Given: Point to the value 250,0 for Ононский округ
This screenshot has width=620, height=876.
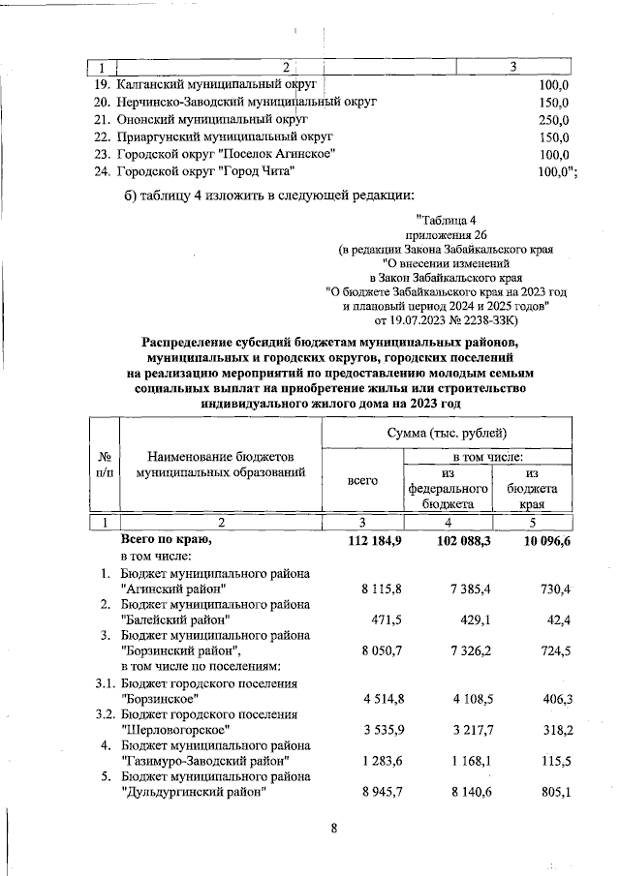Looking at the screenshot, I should click(x=552, y=120).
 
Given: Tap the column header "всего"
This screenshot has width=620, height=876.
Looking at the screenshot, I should click(x=361, y=480).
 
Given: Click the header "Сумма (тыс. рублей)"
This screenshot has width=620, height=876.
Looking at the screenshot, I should click(x=448, y=432).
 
